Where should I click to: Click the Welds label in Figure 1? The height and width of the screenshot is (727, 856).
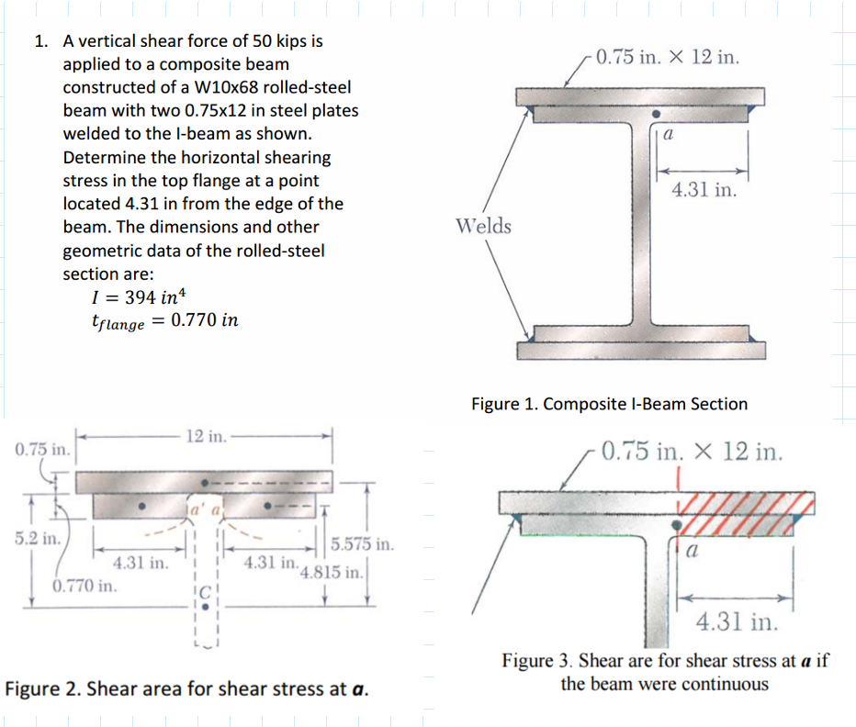click(484, 226)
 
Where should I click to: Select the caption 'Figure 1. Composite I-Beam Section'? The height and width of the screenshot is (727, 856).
click(609, 404)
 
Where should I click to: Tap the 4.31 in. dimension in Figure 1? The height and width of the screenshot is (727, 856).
click(703, 190)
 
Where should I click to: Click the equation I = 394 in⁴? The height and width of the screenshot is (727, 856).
click(139, 296)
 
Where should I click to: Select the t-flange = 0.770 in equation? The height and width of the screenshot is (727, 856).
click(165, 321)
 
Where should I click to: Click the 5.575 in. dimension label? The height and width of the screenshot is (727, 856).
click(362, 544)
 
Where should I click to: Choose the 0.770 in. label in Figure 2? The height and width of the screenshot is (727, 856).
click(84, 585)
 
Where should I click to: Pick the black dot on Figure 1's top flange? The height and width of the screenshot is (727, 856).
click(655, 115)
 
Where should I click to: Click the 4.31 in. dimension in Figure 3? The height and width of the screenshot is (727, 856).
click(738, 623)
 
